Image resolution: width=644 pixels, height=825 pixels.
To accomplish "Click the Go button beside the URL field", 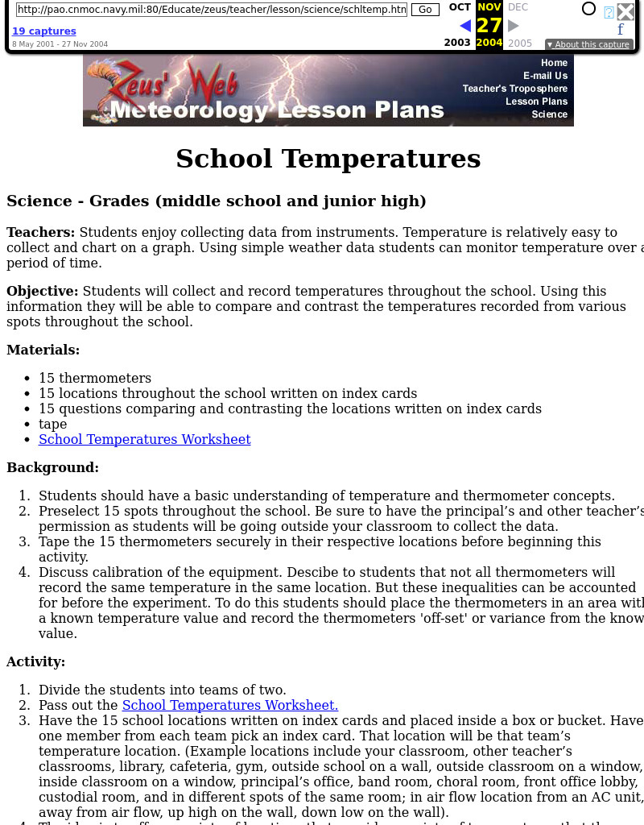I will tap(425, 10).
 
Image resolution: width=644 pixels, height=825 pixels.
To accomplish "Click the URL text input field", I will tap(211, 10).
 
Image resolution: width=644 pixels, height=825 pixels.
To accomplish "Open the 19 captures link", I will tap(44, 31).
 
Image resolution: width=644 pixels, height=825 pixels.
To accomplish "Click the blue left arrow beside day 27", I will tap(465, 26).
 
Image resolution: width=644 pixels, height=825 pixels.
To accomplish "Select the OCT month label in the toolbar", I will tap(460, 7).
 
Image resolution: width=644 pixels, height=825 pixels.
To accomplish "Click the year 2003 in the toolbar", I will tap(457, 43).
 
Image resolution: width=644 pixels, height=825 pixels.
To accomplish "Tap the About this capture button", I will tap(588, 44).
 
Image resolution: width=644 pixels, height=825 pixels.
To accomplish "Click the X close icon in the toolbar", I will tap(625, 11).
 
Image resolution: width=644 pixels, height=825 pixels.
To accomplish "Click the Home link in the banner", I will tap(554, 63).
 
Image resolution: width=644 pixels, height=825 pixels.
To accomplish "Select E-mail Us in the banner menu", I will tap(545, 76).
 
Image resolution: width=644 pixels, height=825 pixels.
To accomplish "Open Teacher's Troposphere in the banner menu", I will tap(515, 89).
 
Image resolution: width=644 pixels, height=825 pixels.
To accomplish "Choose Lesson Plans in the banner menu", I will tap(536, 102).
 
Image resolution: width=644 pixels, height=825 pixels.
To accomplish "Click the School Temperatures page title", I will tap(328, 159).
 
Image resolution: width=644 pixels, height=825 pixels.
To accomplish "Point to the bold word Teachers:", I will tap(40, 232).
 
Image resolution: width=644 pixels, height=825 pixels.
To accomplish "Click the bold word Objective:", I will tap(43, 291).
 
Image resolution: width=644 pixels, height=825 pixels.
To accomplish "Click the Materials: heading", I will tap(43, 350).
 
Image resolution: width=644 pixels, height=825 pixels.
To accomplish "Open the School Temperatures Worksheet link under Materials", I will tap(145, 439).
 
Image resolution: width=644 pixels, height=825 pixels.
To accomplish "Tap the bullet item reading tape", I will tap(53, 424).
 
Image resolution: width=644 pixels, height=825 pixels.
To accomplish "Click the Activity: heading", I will tap(36, 661).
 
